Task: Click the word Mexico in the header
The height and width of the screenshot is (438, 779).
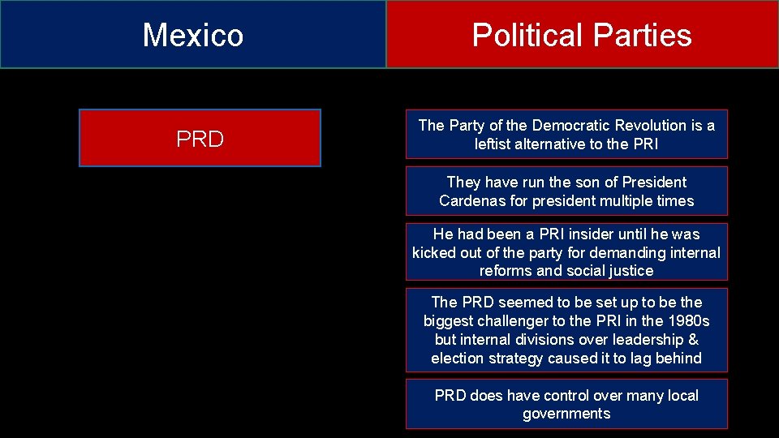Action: (193, 35)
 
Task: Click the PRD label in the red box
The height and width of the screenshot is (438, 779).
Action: (200, 140)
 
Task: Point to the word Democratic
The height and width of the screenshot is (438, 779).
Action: (570, 125)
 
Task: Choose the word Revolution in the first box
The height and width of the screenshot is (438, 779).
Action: (650, 125)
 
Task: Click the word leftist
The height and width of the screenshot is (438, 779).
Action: (496, 144)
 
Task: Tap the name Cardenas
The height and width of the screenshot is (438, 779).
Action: (472, 201)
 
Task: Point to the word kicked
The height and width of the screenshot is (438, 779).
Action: (434, 252)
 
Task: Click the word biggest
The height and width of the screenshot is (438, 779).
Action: (449, 321)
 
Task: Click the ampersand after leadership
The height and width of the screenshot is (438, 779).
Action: (693, 340)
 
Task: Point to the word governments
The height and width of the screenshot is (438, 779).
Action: (566, 414)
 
